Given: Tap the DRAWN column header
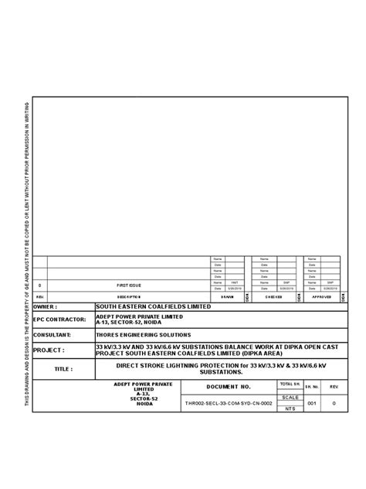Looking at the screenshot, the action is pos(227,296).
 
